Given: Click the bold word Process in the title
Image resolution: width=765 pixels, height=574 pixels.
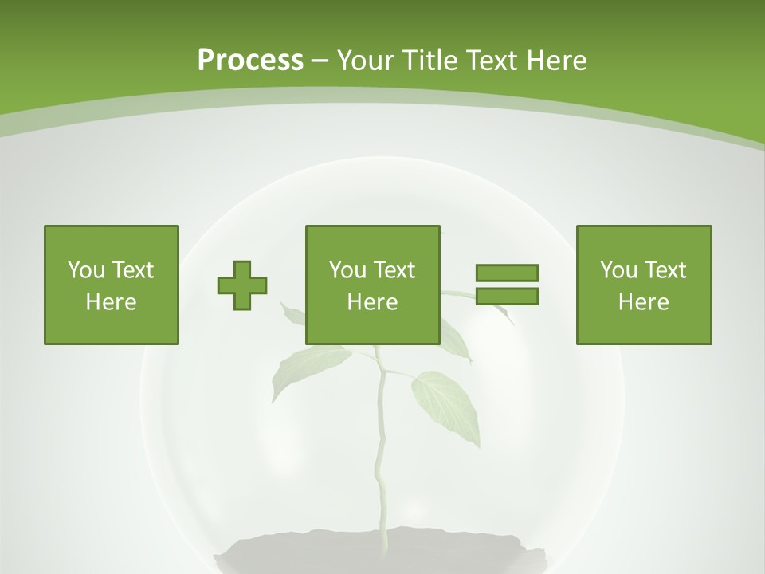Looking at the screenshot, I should [250, 61].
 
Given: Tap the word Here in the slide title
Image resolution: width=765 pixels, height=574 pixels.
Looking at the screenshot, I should [556, 61].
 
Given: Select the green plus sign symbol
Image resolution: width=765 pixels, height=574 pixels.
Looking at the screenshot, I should [242, 285].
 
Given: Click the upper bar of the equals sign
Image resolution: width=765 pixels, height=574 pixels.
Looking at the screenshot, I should [507, 273].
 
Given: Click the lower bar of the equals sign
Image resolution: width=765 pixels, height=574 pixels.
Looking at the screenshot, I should [507, 297].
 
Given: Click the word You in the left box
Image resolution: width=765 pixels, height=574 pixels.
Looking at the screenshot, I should [86, 270].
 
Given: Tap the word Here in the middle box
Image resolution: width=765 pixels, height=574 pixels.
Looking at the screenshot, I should [372, 302].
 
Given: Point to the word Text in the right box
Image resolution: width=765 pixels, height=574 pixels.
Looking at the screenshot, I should [665, 270].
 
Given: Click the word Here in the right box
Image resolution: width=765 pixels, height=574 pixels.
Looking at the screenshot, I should [643, 302].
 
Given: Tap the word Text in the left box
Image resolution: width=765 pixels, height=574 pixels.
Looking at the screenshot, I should [132, 270].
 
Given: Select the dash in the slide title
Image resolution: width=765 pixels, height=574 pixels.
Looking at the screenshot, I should [320, 61].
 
